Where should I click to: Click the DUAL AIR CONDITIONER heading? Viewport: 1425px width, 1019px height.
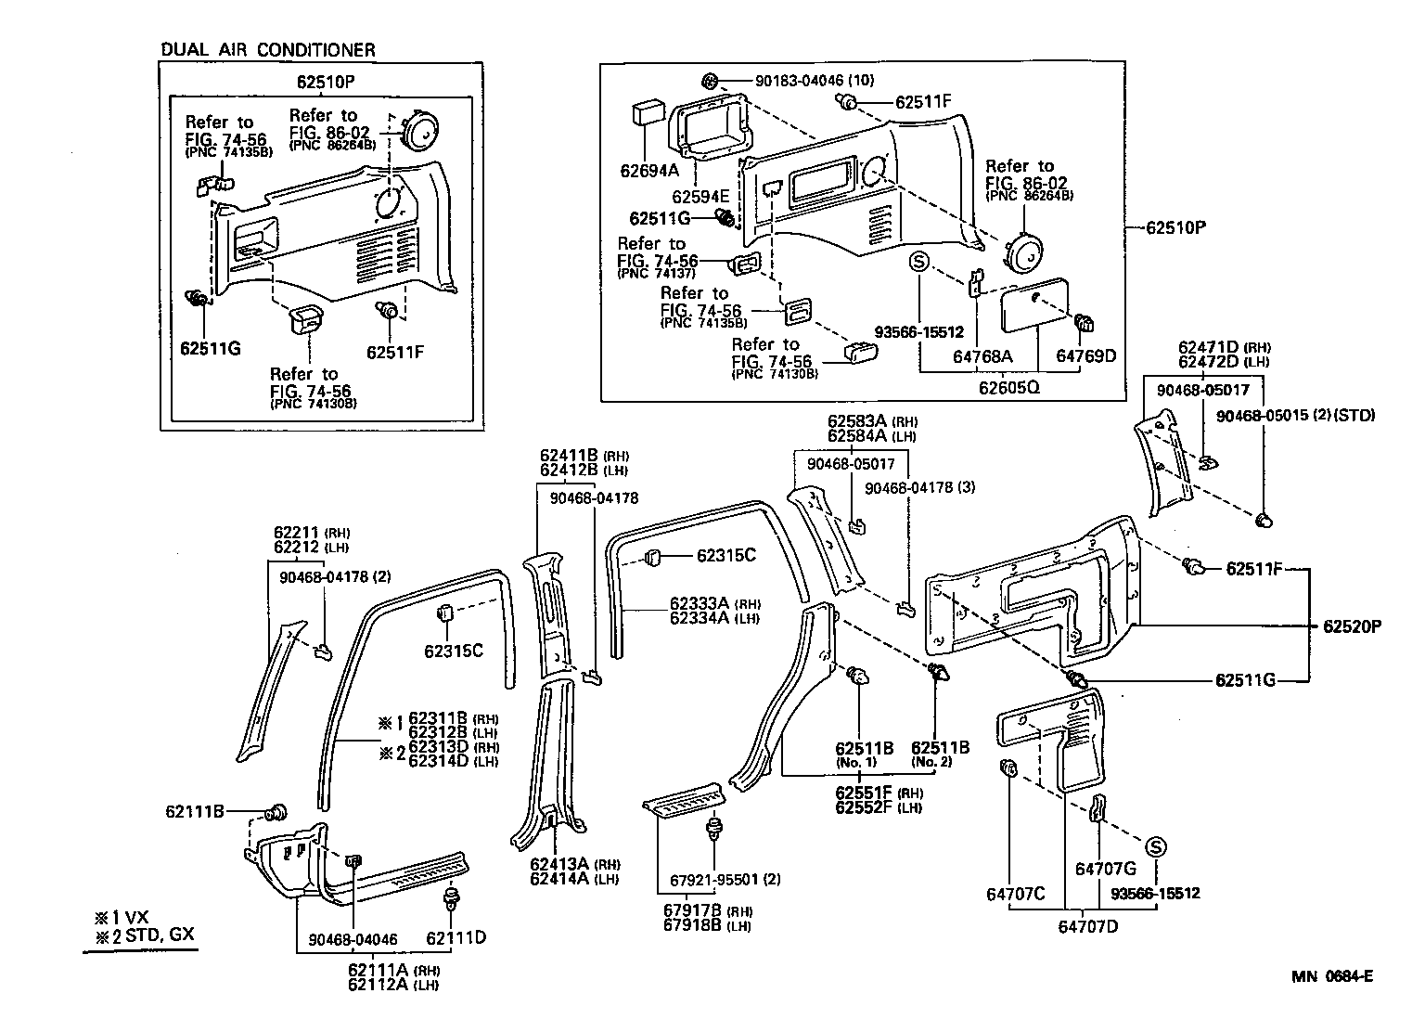[x=268, y=49]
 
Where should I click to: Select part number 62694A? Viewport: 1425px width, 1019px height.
[x=649, y=170]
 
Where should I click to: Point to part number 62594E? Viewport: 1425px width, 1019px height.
[x=700, y=197]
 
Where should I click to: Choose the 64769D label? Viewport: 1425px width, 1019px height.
[x=1086, y=355]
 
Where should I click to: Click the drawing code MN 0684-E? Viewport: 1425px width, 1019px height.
[x=1332, y=975]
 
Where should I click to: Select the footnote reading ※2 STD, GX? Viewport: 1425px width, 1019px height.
[x=145, y=934]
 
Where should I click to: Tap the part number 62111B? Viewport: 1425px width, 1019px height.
[x=195, y=811]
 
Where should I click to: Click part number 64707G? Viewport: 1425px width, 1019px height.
[x=1105, y=869]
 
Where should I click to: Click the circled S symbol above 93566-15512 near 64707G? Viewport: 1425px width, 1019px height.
[x=1155, y=846]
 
